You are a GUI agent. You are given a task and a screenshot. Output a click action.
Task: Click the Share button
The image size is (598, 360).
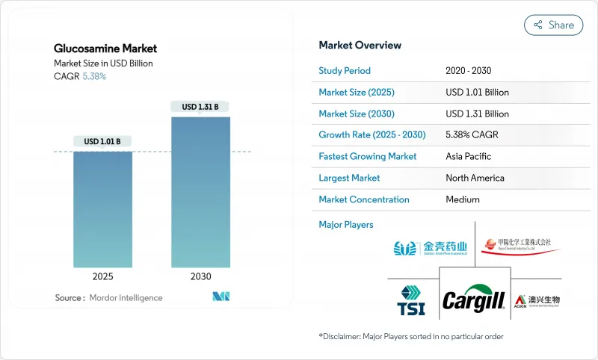pos(554,25)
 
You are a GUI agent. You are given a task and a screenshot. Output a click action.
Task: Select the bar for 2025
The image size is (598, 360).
pos(102,209)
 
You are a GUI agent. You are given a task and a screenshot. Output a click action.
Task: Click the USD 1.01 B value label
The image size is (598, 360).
pos(102,141)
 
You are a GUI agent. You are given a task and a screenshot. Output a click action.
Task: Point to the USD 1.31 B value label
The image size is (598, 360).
pos(200,107)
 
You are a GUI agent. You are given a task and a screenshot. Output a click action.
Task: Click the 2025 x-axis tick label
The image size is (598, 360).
pos(102,276)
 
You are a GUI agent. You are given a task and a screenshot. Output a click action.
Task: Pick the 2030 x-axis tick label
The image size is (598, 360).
pos(200,276)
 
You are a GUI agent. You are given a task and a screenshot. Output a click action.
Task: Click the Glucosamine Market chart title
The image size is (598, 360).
pos(105,49)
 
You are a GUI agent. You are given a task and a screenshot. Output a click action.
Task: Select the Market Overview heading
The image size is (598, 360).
pos(360,46)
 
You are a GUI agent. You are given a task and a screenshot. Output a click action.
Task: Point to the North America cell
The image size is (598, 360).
pos(475,178)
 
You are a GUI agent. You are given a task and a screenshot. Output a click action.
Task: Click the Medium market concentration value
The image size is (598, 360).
pos(463,199)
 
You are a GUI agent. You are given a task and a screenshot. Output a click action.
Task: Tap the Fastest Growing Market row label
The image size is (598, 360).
pos(368,157)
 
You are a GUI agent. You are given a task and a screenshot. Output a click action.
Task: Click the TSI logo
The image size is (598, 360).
pos(411,301)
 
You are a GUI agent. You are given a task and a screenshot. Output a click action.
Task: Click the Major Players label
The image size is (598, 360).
pos(346,224)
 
